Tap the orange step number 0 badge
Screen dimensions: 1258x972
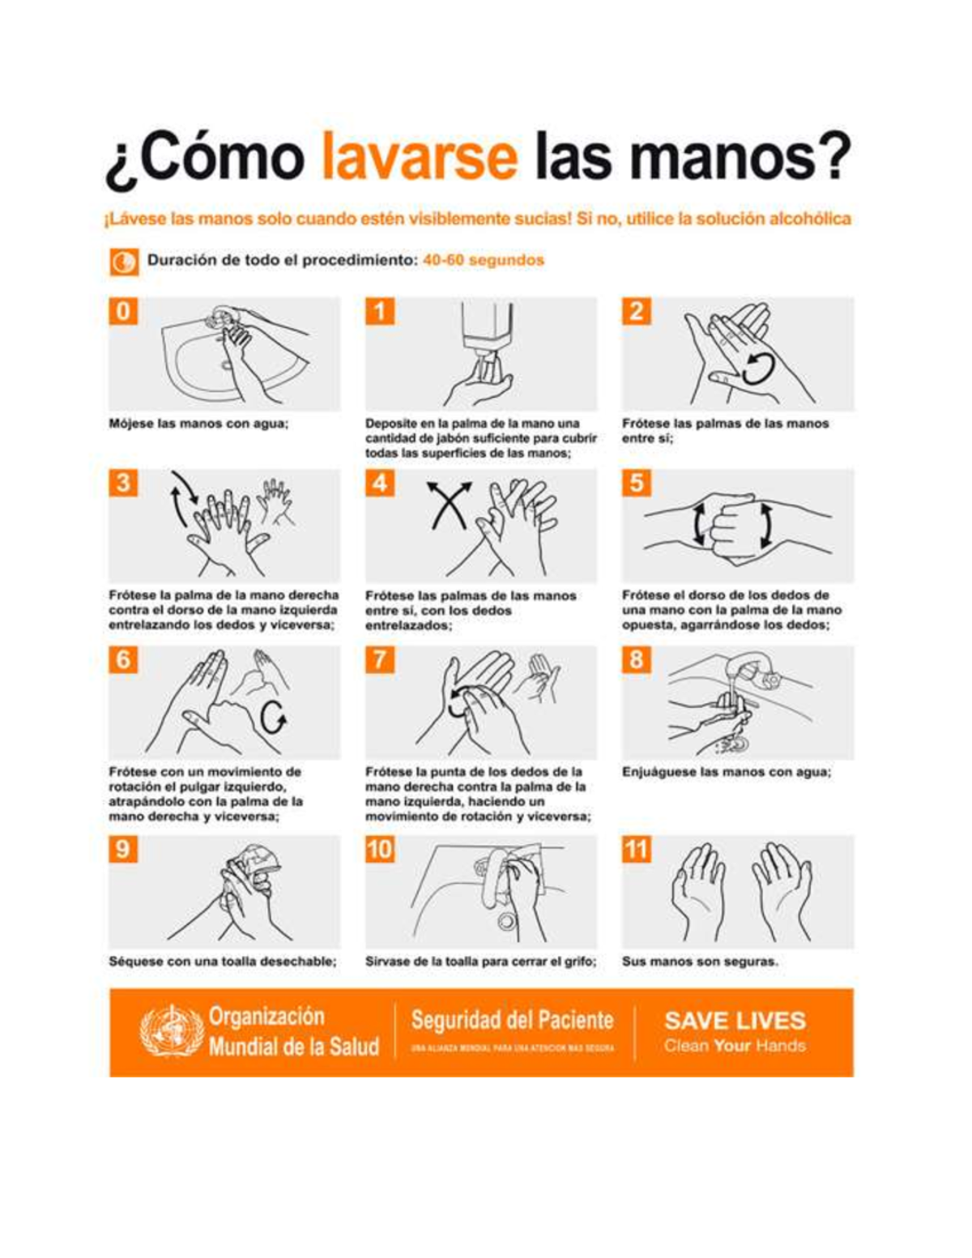tap(123, 311)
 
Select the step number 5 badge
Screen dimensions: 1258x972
tap(637, 483)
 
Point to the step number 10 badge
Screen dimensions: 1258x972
tap(380, 849)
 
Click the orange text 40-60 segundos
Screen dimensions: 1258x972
tap(484, 260)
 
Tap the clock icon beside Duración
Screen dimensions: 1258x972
tap(123, 262)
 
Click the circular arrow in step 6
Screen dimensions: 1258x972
tap(273, 716)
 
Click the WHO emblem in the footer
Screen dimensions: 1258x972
tap(170, 1031)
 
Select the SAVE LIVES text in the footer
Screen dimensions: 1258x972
tap(735, 1021)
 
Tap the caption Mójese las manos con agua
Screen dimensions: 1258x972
tap(198, 424)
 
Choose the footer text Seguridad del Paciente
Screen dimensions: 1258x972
tap(512, 1020)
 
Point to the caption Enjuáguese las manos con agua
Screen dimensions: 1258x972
tap(727, 772)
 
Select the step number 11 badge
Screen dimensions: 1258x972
tap(637, 849)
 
